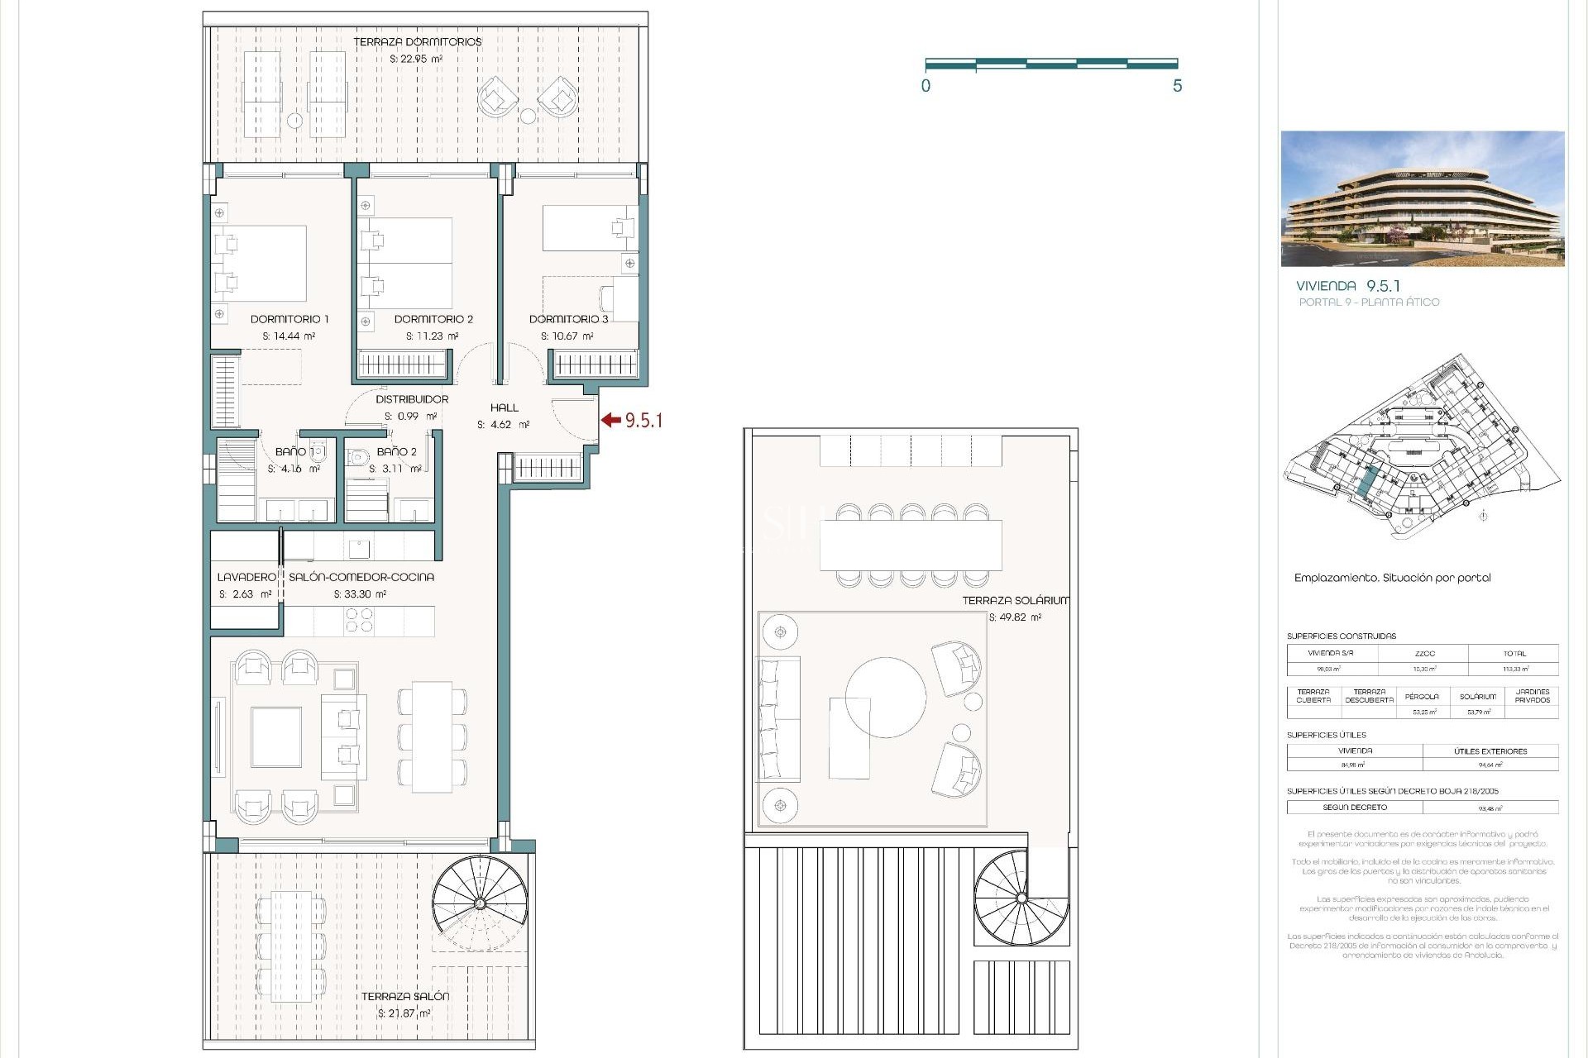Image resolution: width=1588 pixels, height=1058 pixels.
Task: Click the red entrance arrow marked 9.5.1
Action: (611, 420)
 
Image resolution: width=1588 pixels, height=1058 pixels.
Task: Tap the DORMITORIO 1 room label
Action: (289, 319)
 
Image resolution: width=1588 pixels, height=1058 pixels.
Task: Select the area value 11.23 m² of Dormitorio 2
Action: (432, 336)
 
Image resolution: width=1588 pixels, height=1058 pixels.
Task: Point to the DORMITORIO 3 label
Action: (568, 319)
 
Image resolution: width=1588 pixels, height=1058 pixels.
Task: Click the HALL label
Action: (504, 407)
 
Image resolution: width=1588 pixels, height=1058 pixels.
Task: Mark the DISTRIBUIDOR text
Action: (412, 399)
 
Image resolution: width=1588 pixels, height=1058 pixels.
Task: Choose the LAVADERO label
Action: (246, 577)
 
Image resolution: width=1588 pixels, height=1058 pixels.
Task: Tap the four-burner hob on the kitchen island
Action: (359, 620)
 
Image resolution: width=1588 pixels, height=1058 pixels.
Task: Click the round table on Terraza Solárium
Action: (885, 698)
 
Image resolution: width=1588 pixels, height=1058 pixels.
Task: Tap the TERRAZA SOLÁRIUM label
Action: (1015, 601)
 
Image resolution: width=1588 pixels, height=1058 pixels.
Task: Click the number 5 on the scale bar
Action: (1177, 86)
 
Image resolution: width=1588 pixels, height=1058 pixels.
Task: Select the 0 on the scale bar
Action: (926, 86)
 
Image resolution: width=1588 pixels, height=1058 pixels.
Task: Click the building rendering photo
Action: (1422, 198)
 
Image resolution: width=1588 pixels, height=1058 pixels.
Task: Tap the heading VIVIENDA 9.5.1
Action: (1347, 286)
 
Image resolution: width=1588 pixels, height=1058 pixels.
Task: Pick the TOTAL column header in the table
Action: (1514, 653)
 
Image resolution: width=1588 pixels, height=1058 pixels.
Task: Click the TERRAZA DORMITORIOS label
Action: (417, 42)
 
